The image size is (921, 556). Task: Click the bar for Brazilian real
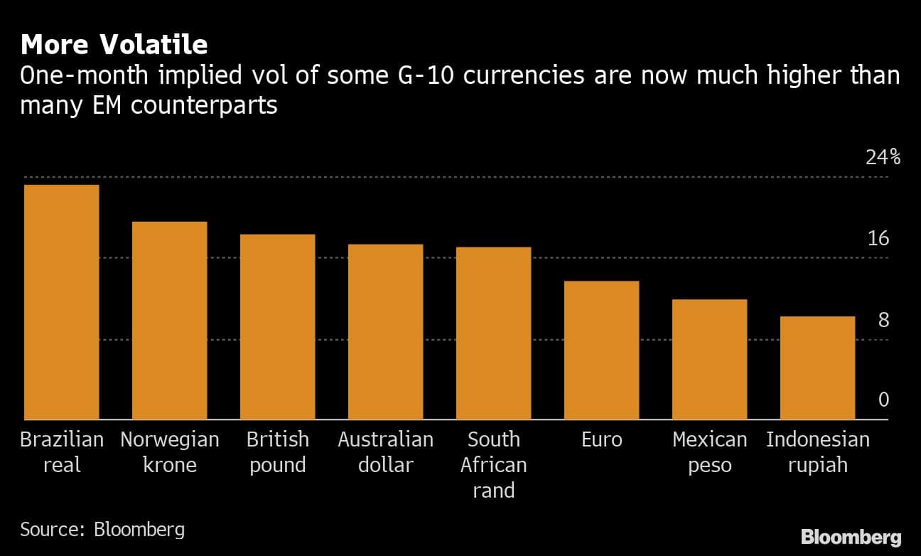[x=61, y=302]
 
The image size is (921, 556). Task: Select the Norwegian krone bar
[x=169, y=321]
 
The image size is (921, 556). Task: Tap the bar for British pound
[x=277, y=327]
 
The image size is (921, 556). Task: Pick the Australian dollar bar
[x=385, y=332]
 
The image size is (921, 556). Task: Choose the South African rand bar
[x=493, y=333]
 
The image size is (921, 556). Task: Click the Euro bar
[x=601, y=351]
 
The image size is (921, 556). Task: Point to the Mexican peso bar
[x=709, y=360]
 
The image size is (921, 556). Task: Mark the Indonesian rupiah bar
[x=817, y=368]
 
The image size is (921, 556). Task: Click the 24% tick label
[x=883, y=157]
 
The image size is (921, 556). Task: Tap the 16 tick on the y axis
[x=878, y=238]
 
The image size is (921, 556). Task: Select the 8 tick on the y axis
[x=883, y=320]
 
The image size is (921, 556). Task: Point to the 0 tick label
[x=883, y=400]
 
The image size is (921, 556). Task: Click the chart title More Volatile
[x=114, y=45]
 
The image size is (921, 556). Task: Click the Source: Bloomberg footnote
[x=102, y=529]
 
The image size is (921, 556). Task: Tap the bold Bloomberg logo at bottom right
[x=851, y=537]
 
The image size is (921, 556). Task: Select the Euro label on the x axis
[x=601, y=440]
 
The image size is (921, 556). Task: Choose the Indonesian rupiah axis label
[x=817, y=452]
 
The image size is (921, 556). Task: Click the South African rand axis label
[x=493, y=465]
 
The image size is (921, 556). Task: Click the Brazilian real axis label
[x=61, y=452]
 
